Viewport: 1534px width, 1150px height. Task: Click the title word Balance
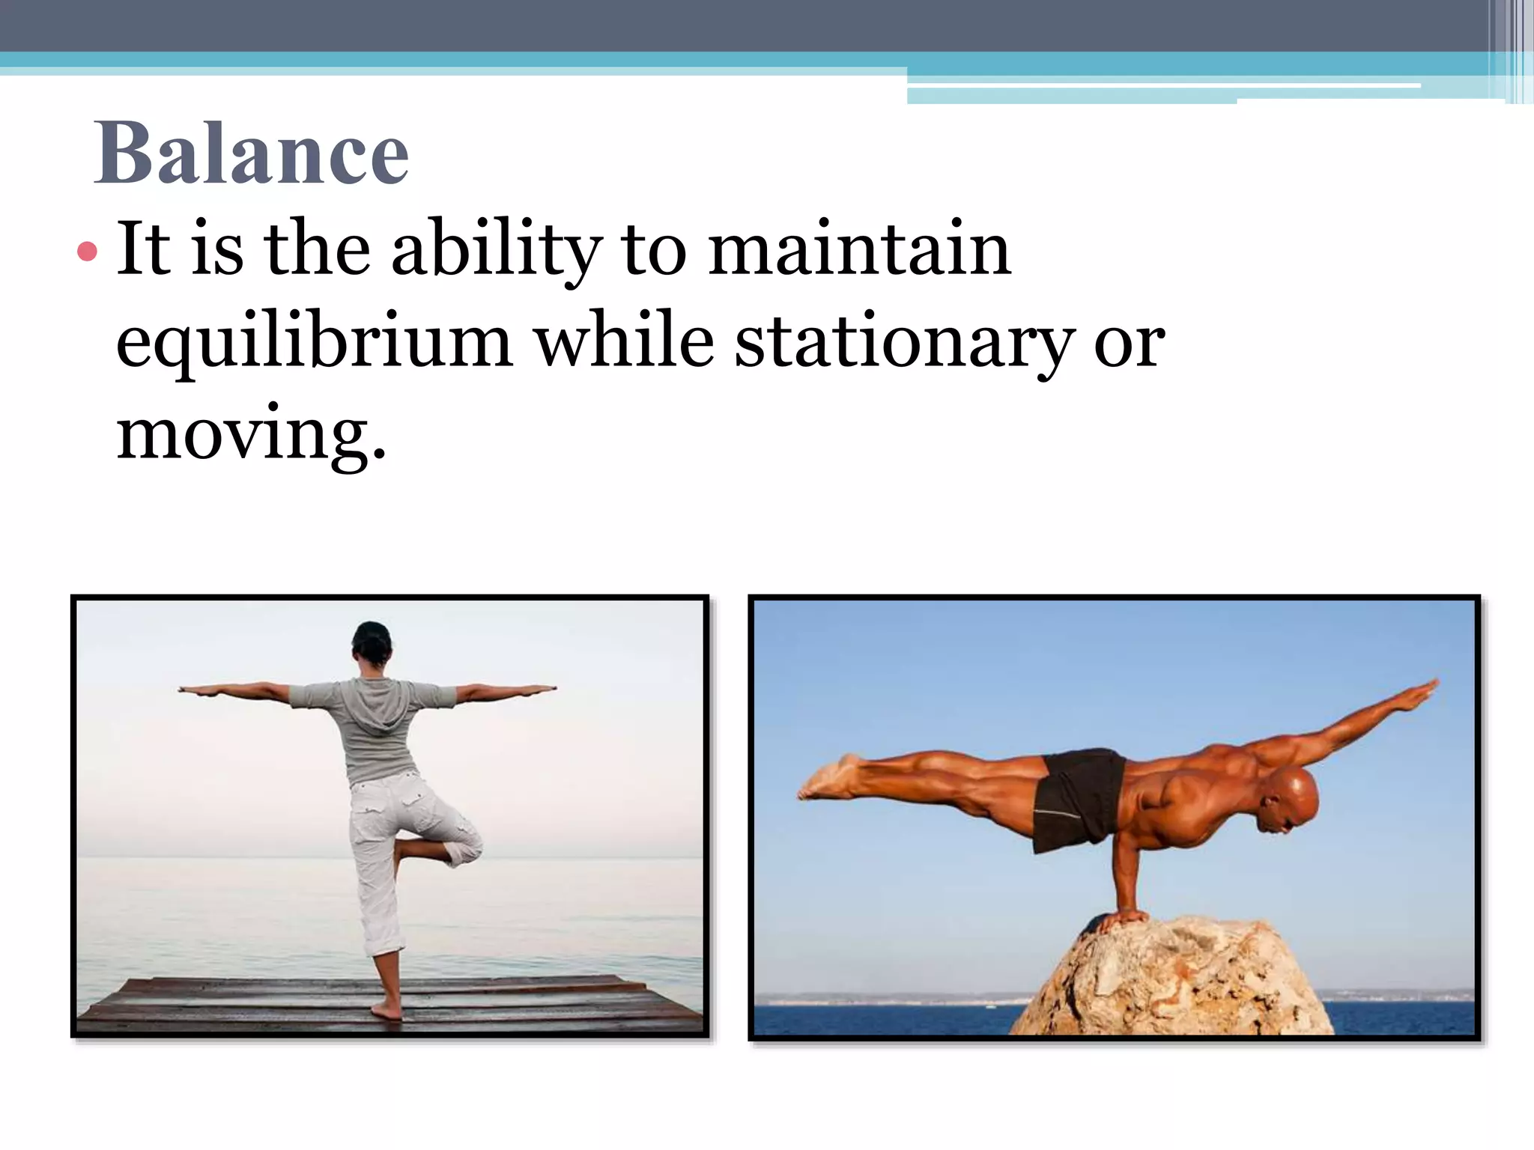(251, 153)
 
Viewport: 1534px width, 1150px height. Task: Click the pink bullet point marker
(87, 251)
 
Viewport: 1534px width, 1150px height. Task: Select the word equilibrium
(315, 343)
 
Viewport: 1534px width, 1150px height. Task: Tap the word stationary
(903, 343)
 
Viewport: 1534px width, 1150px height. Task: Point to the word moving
(251, 434)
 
